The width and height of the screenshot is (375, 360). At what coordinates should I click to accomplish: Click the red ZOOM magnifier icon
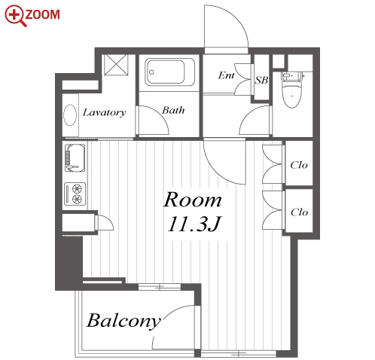(x=15, y=16)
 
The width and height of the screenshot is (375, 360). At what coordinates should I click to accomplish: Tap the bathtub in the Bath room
(x=169, y=72)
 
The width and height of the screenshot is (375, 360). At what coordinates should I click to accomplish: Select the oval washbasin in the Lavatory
(x=70, y=114)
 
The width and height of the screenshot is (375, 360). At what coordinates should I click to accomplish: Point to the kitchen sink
(x=75, y=157)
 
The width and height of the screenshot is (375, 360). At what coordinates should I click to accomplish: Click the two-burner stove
(x=75, y=194)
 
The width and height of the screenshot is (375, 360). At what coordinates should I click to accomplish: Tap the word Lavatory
(x=104, y=113)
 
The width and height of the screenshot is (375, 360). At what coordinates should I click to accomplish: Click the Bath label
(x=173, y=110)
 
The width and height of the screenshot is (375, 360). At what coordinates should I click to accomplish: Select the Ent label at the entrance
(x=226, y=75)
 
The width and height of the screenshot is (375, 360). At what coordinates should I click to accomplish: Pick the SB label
(x=261, y=80)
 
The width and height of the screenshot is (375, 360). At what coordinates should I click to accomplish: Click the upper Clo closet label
(x=299, y=165)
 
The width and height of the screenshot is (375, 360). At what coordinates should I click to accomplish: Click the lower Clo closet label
(x=299, y=212)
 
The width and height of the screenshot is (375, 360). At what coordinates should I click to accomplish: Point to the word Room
(x=193, y=200)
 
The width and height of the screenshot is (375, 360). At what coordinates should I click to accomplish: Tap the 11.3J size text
(x=194, y=224)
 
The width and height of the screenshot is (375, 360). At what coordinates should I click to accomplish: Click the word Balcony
(x=124, y=321)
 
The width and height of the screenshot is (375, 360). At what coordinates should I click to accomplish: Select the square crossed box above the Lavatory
(x=116, y=65)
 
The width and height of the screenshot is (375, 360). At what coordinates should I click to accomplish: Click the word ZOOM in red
(x=43, y=14)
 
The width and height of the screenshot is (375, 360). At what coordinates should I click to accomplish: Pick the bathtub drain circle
(x=151, y=72)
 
